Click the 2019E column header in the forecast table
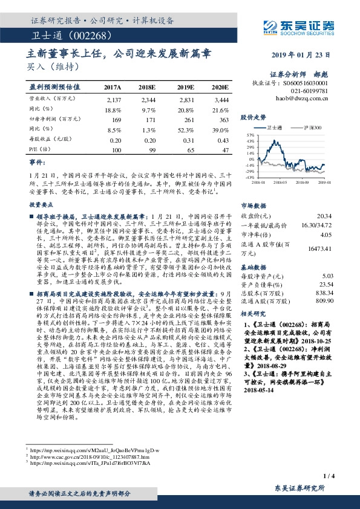[186, 88]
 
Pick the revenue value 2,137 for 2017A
[114, 98]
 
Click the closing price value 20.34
[324, 215]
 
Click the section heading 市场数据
[255, 205]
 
